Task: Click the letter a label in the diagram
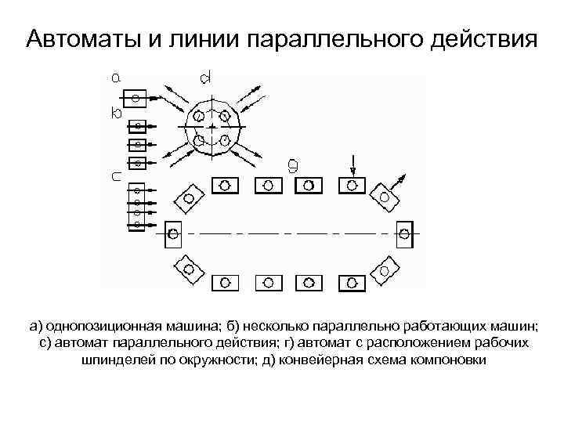point(116,78)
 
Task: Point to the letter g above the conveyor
point(292,164)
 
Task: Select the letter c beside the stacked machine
point(116,177)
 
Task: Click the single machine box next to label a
point(136,98)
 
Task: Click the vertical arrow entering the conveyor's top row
point(352,165)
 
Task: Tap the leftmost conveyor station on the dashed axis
point(173,233)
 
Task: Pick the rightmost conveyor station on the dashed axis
point(404,233)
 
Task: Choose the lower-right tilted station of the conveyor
point(384,271)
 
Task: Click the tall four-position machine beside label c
point(137,207)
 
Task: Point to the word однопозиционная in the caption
point(103,325)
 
